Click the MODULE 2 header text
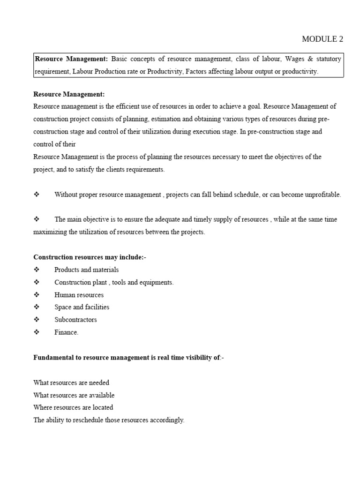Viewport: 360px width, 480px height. click(x=322, y=39)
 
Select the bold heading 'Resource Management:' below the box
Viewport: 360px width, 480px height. click(x=69, y=94)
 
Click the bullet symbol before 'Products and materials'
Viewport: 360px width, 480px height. click(x=37, y=270)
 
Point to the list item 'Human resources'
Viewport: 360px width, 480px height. click(x=79, y=295)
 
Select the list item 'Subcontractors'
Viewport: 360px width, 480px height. click(x=75, y=320)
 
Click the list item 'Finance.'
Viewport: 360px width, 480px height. click(x=66, y=332)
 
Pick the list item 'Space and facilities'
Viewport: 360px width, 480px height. click(x=82, y=307)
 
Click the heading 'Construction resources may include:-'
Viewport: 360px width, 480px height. click(x=90, y=257)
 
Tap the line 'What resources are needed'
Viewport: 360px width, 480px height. click(x=71, y=383)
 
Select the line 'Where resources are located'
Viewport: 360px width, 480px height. click(x=73, y=407)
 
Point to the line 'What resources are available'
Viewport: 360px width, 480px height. click(x=74, y=395)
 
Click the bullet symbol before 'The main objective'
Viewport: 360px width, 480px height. click(x=37, y=219)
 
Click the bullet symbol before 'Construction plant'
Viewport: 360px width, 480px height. click(x=37, y=282)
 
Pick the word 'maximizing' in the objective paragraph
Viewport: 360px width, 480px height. click(x=50, y=232)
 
